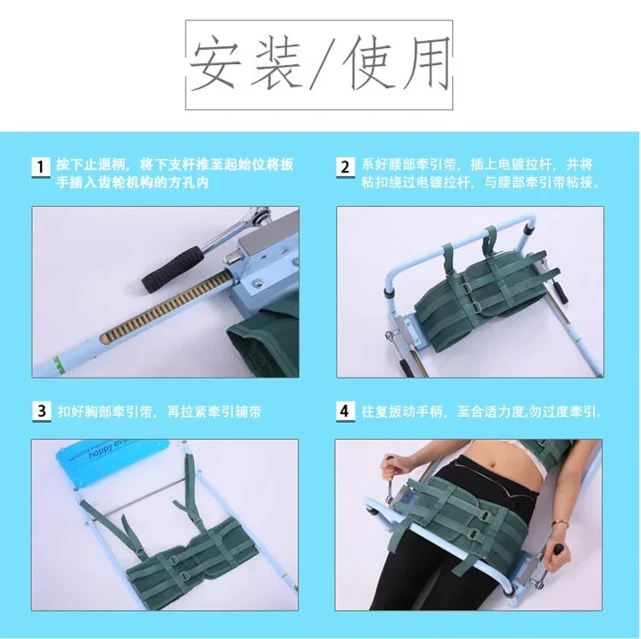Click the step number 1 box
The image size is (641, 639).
pos(40,167)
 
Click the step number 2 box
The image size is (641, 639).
pos(344,167)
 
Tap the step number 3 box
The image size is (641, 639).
pos(40,411)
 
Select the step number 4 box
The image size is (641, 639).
pos(344,411)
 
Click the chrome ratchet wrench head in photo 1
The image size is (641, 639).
pos(238,224)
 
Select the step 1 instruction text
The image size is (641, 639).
pos(174,173)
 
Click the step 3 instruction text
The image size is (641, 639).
pos(159,412)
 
